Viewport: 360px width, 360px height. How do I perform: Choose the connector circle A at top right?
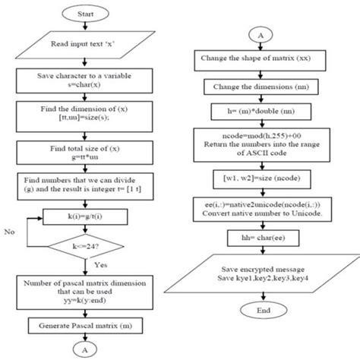coord(261,35)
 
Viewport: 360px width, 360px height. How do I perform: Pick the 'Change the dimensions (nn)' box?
coord(261,87)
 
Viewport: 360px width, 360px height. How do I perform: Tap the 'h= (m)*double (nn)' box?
coord(261,113)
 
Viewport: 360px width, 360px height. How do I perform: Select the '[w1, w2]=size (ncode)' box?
coord(261,180)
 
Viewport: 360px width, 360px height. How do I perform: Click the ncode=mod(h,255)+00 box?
coord(261,146)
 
